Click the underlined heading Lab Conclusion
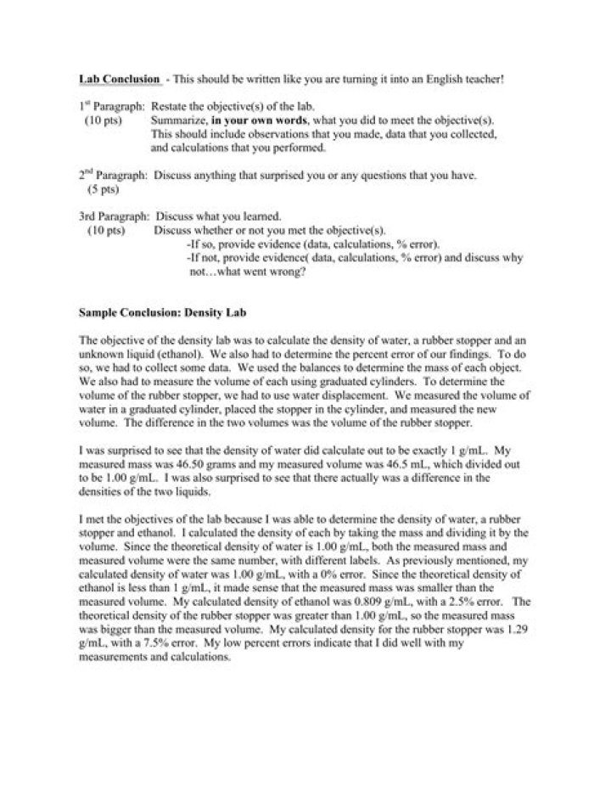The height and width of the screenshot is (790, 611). click(x=119, y=79)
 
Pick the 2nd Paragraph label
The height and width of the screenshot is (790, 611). click(x=109, y=176)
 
